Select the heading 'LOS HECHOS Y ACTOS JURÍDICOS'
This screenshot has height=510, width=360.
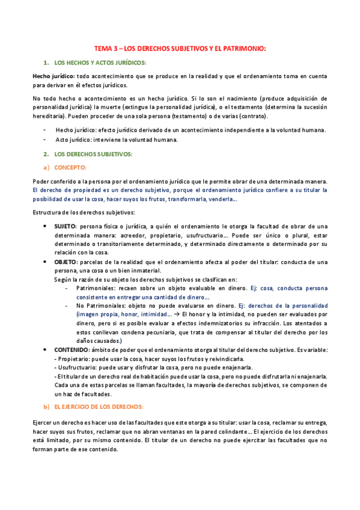pyautogui.click(x=100, y=63)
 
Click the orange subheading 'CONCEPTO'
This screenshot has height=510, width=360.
pyautogui.click(x=70, y=167)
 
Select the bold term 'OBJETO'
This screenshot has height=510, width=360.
pyautogui.click(x=66, y=262)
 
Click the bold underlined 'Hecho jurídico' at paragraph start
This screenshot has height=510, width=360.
pyautogui.click(x=54, y=76)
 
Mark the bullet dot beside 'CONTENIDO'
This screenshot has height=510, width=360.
pyautogui.click(x=47, y=349)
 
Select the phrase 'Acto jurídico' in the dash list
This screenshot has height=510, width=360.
pyautogui.click(x=73, y=140)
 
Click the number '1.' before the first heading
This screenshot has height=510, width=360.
pyautogui.click(x=45, y=63)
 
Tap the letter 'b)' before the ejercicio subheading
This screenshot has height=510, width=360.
pyautogui.click(x=46, y=407)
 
